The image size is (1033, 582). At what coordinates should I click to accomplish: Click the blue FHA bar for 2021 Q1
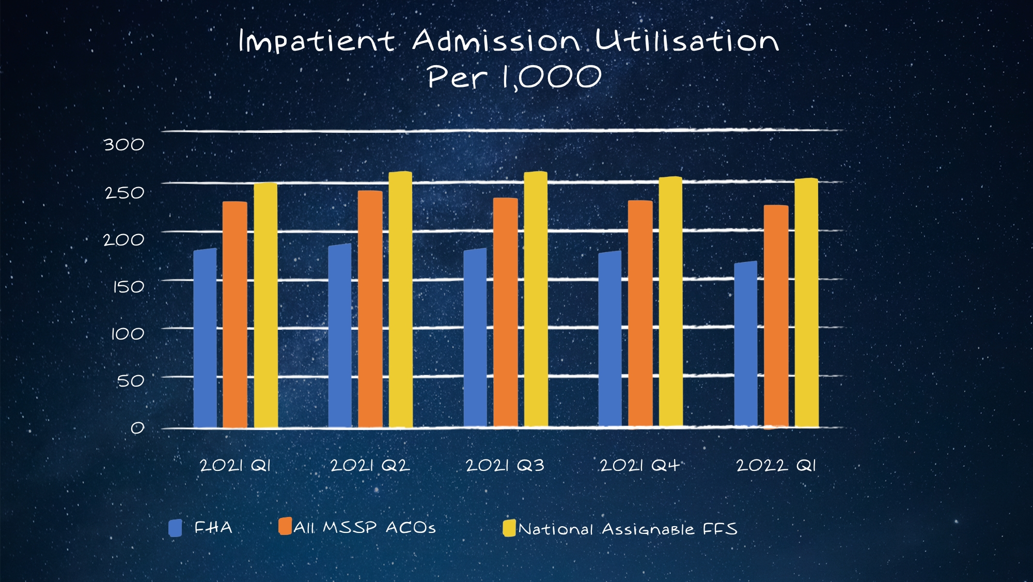click(205, 339)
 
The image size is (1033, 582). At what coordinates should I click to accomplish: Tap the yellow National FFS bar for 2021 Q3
click(536, 300)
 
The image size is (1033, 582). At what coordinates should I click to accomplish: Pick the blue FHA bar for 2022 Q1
click(745, 345)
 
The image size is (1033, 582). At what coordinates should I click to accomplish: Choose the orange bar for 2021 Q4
click(640, 314)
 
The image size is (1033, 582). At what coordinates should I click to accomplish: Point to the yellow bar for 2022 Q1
click(806, 303)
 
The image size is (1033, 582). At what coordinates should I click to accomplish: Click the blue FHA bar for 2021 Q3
click(475, 339)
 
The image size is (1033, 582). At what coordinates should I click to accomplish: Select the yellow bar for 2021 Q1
click(265, 305)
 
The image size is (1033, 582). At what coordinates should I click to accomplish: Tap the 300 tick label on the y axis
click(124, 145)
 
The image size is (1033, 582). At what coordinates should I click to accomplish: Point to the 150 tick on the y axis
click(129, 287)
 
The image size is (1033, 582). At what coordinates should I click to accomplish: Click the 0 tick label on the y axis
click(137, 428)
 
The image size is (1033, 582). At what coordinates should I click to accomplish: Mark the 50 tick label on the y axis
click(131, 381)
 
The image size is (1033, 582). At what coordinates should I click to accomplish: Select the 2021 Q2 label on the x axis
click(370, 466)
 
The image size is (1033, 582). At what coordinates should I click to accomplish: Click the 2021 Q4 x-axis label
click(639, 466)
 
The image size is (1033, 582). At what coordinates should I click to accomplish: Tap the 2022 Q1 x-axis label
click(776, 466)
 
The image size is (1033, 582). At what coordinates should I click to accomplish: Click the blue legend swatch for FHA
click(176, 528)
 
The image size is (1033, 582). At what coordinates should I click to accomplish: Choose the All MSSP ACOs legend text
click(365, 528)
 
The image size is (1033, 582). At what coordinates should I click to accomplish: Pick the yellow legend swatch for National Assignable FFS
click(509, 528)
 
